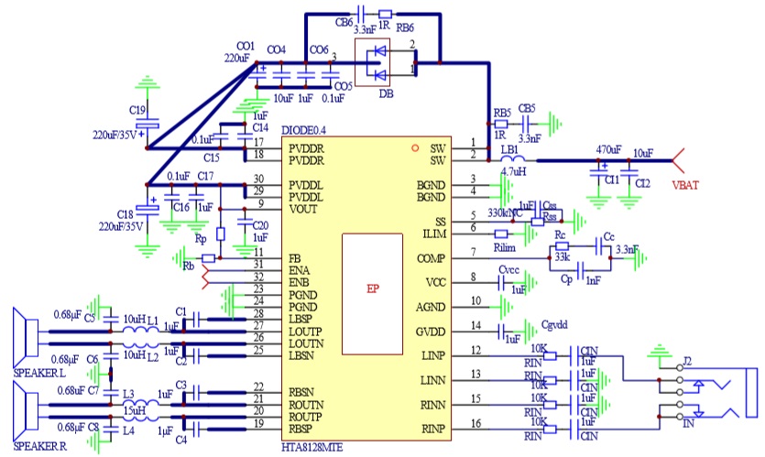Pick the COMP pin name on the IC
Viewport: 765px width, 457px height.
tap(430, 259)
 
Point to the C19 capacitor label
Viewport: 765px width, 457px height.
tap(138, 110)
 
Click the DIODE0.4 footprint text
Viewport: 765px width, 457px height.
tap(304, 129)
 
